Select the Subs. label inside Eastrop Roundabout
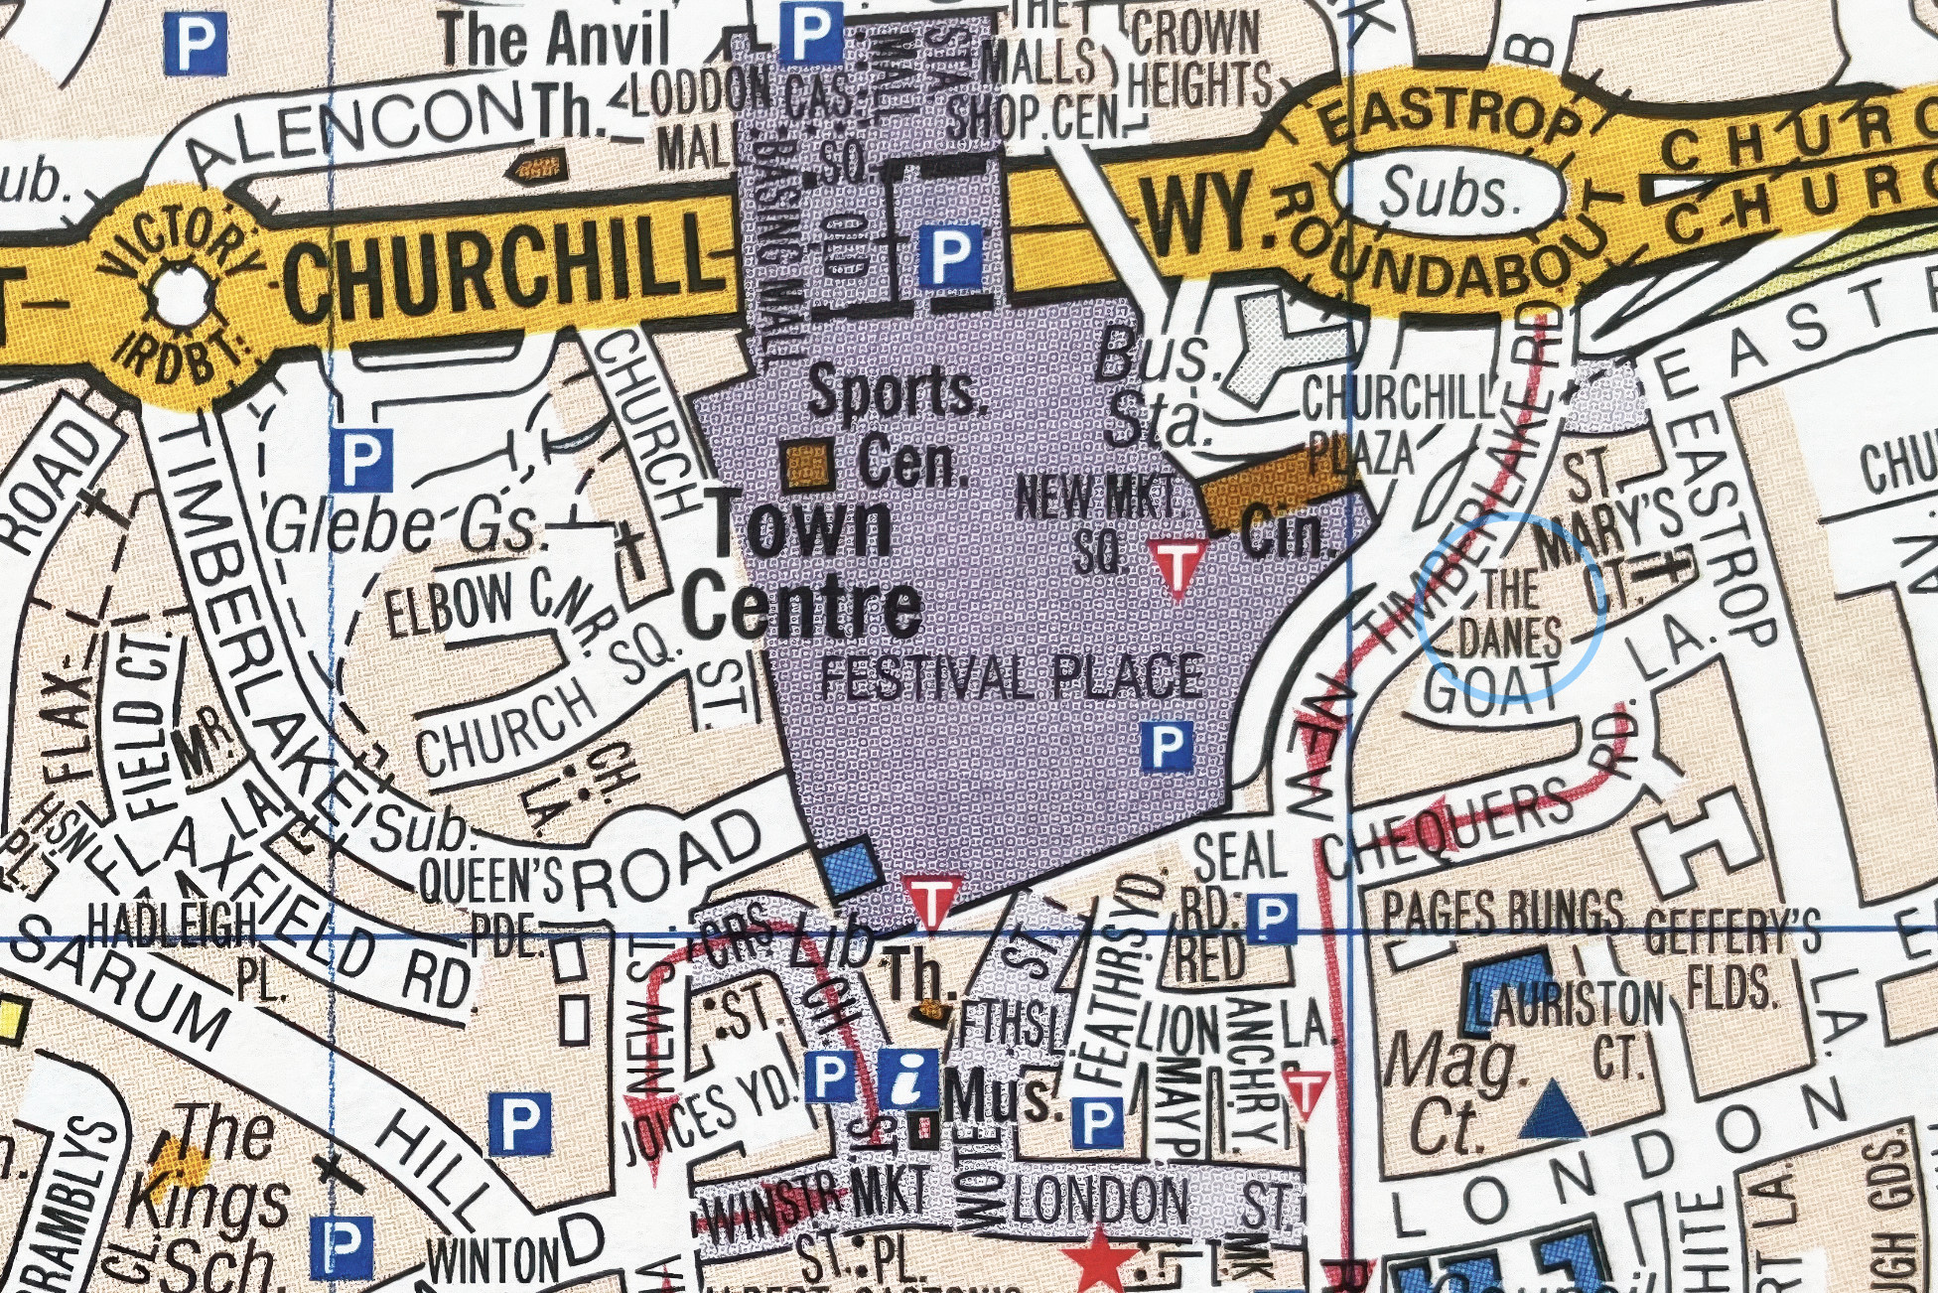(x=1449, y=193)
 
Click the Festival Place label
(x=1013, y=678)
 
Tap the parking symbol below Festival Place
(x=1166, y=746)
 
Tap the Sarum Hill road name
(x=248, y=1053)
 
